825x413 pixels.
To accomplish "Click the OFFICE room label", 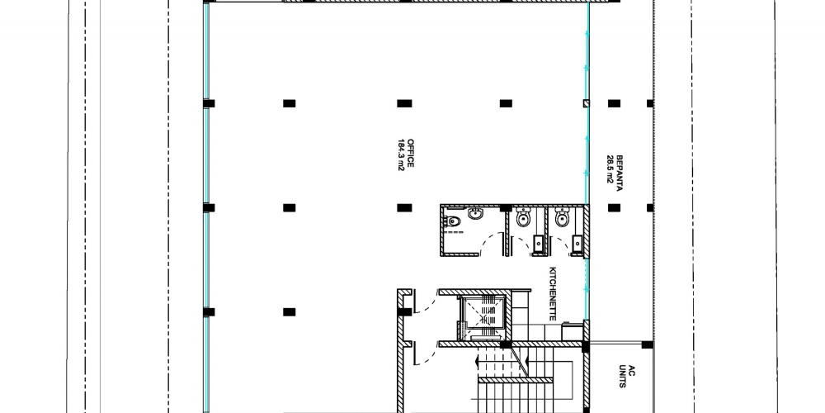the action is tap(411, 154).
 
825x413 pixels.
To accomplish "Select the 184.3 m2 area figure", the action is tap(401, 154).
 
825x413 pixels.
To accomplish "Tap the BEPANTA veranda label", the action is tap(620, 173).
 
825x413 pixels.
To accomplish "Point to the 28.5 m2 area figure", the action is tap(610, 169).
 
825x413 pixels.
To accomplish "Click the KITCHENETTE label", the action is tap(553, 293).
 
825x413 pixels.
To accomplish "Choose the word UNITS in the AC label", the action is tap(622, 382).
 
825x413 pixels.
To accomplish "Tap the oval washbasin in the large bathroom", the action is tap(476, 214).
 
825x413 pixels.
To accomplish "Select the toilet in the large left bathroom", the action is tap(452, 221).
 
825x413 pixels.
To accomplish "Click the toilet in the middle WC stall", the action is tap(523, 217).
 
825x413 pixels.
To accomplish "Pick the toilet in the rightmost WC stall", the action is tap(562, 217).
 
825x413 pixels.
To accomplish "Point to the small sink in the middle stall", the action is tap(538, 244).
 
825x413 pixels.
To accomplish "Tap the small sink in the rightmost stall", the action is tap(577, 244).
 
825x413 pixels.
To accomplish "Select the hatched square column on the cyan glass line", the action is tap(586, 103).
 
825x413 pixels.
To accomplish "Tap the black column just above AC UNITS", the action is tap(647, 344).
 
